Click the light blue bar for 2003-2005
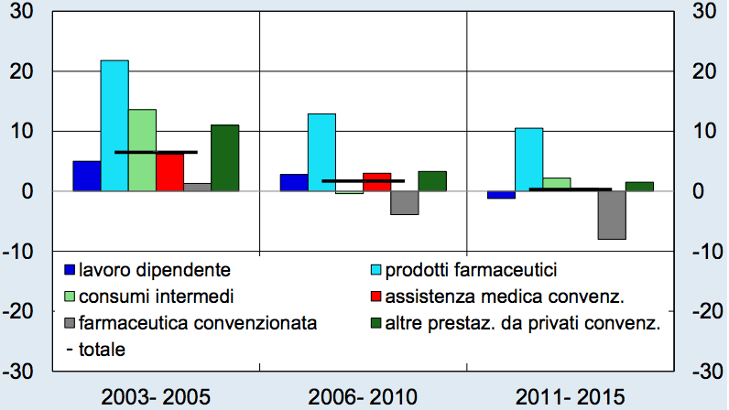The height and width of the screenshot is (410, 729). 114,125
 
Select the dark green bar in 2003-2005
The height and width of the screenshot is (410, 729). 224,157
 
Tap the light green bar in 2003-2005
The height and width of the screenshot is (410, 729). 142,150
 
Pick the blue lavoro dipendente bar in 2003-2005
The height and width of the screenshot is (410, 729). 86,176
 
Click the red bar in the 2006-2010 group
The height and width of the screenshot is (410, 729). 376,181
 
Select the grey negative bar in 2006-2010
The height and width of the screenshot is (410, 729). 404,202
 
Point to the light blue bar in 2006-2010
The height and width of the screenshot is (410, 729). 321,152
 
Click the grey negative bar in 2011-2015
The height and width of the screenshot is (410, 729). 611,215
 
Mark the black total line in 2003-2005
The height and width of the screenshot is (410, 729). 156,152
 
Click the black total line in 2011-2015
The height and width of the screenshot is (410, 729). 570,189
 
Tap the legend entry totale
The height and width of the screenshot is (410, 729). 101,349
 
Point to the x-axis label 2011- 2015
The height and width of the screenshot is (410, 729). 570,396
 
